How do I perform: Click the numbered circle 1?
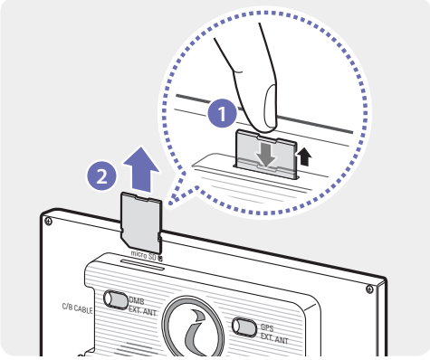(222, 113)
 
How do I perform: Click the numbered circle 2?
(101, 175)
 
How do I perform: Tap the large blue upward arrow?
(141, 169)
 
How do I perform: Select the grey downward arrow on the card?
(266, 154)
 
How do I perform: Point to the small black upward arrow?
(304, 156)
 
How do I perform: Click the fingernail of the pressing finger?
(271, 106)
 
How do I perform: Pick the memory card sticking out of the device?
(141, 223)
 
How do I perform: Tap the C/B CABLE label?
(77, 308)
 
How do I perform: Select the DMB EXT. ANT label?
(142, 306)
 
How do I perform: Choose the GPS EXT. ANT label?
(274, 334)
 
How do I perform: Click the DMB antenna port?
(116, 299)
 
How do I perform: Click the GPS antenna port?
(244, 327)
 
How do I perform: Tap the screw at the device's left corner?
(48, 222)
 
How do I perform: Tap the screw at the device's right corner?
(369, 289)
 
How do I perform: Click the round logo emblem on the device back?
(193, 327)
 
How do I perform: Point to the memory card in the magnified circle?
(265, 154)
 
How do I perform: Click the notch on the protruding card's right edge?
(160, 237)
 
